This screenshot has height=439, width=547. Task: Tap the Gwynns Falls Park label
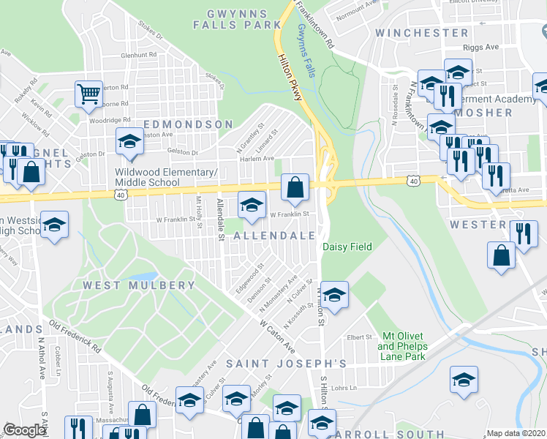[x=228, y=19]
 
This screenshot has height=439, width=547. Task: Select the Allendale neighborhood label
[x=274, y=236]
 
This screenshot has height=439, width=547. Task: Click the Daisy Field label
[x=347, y=247]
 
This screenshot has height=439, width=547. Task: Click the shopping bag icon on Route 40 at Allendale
[x=294, y=189]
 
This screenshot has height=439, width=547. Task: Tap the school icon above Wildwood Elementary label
[x=129, y=141]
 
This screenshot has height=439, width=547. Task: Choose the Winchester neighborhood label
[x=421, y=33]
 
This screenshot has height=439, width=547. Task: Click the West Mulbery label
[x=139, y=285]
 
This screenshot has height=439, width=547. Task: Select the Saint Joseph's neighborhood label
[x=285, y=363]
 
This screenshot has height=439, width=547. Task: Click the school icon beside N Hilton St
[x=334, y=295]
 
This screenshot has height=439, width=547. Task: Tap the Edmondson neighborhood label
[x=188, y=124]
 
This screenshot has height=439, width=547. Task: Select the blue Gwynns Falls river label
[x=307, y=51]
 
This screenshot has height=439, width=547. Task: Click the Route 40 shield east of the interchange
[x=415, y=179]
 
